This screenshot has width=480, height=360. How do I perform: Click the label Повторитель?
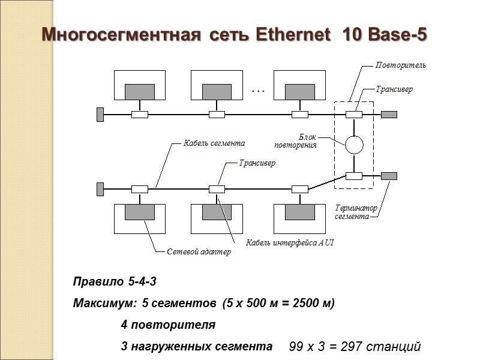pyautogui.click(x=400, y=65)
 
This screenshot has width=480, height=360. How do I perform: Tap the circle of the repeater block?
pyautogui.click(x=354, y=144)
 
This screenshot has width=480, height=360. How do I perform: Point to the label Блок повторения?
pyautogui.click(x=295, y=141)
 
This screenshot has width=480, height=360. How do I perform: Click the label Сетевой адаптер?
pyautogui.click(x=198, y=253)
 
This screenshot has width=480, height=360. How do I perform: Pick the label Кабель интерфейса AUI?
pyautogui.click(x=290, y=242)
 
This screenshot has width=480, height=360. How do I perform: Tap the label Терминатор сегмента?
pyautogui.click(x=356, y=212)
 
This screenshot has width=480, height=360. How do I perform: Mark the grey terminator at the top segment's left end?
pyautogui.click(x=100, y=114)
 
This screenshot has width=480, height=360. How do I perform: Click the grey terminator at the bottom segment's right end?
pyautogui.click(x=389, y=176)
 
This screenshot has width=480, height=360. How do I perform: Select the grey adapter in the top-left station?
pyautogui.click(x=139, y=92)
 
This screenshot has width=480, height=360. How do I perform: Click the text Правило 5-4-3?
pyautogui.click(x=110, y=281)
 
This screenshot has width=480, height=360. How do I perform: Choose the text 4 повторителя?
pyautogui.click(x=167, y=325)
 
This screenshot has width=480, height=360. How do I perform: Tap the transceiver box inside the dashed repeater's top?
pyautogui.click(x=354, y=114)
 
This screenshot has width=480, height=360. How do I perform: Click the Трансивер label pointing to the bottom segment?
pyautogui.click(x=257, y=163)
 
